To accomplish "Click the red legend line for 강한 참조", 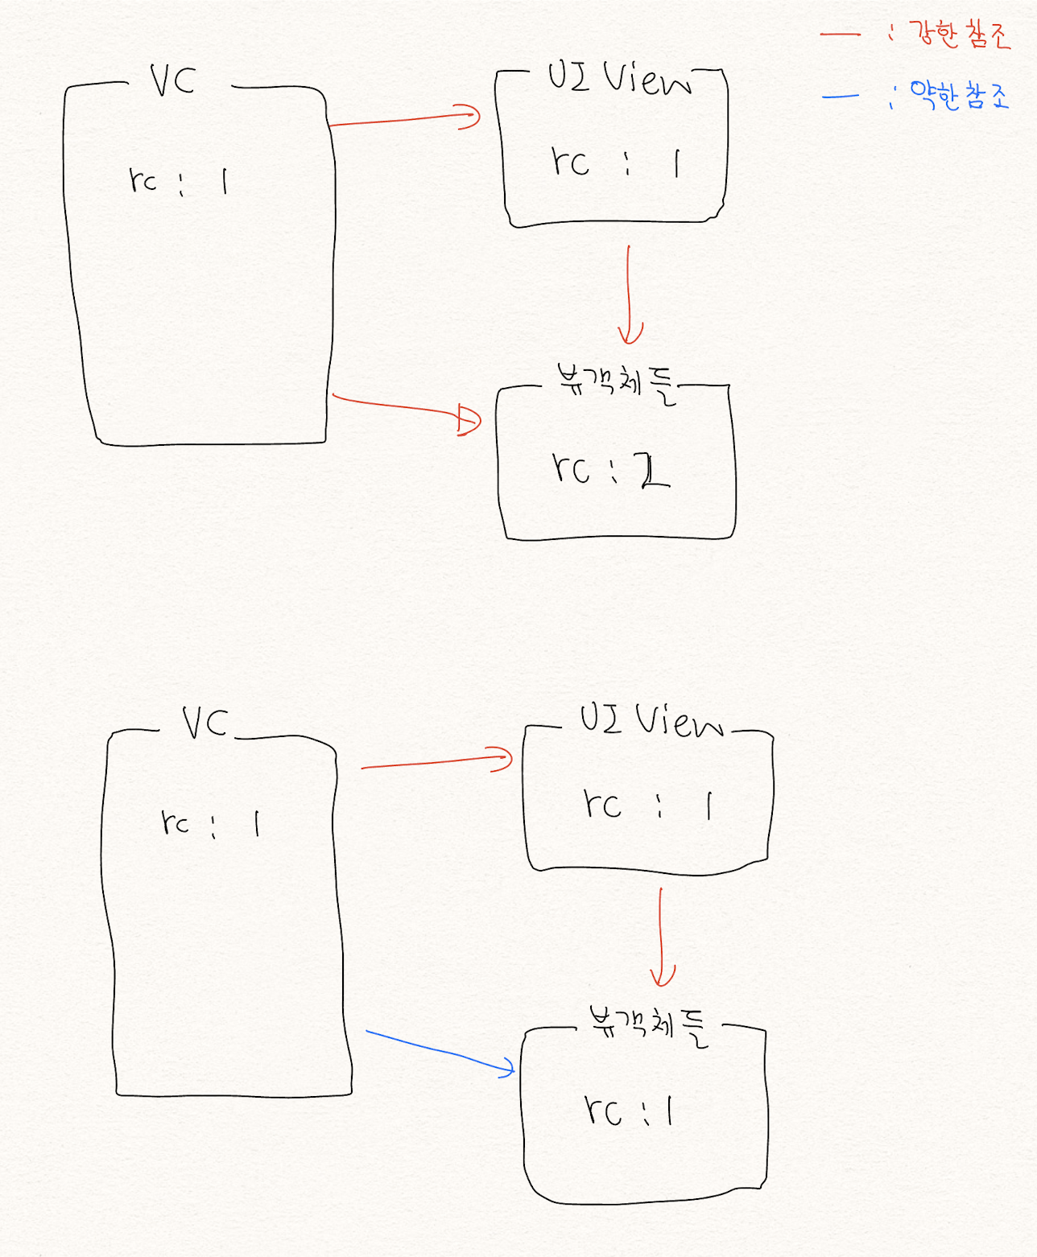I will [840, 35].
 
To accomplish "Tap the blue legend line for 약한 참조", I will [841, 97].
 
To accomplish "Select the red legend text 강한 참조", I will [958, 35].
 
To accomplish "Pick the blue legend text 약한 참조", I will [958, 95].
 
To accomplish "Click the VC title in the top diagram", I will [172, 80].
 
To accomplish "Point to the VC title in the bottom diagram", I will [205, 722].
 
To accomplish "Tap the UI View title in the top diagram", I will [618, 79].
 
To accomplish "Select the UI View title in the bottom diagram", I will [651, 719].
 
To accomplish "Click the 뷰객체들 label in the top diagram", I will [617, 382].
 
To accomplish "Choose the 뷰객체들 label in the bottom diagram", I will [649, 1024].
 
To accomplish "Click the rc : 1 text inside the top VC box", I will [178, 180].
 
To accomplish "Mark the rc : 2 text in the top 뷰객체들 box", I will [610, 469].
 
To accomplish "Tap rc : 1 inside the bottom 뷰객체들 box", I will [628, 1111].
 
